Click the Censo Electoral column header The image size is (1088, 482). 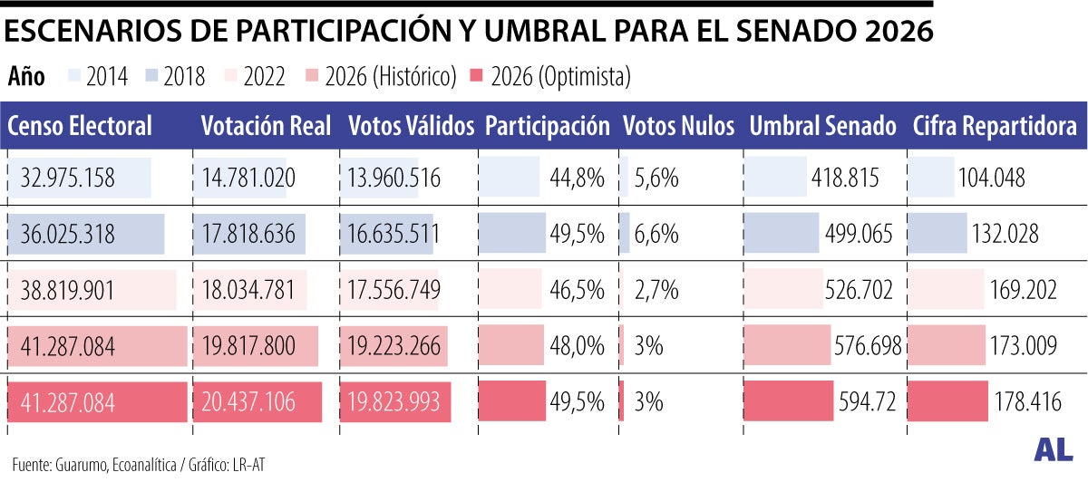pos(80,127)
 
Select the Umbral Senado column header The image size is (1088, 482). pos(822,127)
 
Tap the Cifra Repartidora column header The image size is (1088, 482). pos(995,127)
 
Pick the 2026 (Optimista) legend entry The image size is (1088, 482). pos(549,78)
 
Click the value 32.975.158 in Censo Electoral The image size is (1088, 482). pos(68,178)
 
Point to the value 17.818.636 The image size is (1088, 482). pos(248,235)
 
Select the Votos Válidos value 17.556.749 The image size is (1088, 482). pos(394,290)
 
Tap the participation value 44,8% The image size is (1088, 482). pos(577,178)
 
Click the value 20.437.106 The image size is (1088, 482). pos(248,401)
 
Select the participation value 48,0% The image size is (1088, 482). pos(577,346)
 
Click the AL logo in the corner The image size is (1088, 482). pos(1052,451)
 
